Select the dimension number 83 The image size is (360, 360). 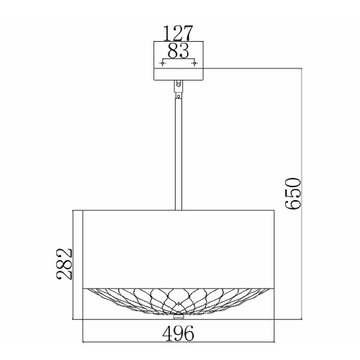(x=179, y=50)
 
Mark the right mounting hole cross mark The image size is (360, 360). (x=194, y=64)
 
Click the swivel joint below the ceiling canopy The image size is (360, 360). (x=179, y=86)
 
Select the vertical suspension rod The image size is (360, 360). (x=179, y=151)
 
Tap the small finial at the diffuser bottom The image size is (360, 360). (x=179, y=315)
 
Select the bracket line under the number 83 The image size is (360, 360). (x=179, y=59)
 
